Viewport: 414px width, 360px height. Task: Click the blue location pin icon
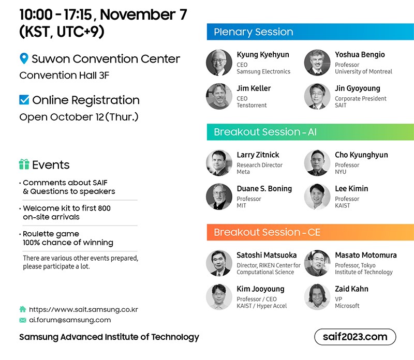pyautogui.click(x=24, y=58)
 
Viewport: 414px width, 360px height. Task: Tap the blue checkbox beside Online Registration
pyautogui.click(x=24, y=100)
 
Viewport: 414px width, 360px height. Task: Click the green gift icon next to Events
pyautogui.click(x=24, y=164)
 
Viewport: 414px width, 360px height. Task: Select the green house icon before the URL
pyautogui.click(x=23, y=309)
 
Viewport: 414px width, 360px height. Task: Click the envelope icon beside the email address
pyautogui.click(x=23, y=320)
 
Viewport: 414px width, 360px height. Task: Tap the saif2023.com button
pyautogui.click(x=355, y=337)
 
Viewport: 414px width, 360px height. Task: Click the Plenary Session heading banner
pyautogui.click(x=310, y=32)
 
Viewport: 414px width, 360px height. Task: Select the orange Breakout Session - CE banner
pyautogui.click(x=310, y=232)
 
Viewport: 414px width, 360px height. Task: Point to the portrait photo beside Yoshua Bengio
pyautogui.click(x=317, y=63)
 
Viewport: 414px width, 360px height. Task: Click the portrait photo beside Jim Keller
pyautogui.click(x=219, y=96)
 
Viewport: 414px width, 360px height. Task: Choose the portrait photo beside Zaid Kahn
pyautogui.click(x=317, y=297)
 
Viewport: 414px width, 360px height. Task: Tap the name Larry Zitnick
pyautogui.click(x=258, y=155)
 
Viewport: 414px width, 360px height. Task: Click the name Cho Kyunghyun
pyautogui.click(x=361, y=155)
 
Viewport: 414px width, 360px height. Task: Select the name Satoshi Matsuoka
pyautogui.click(x=267, y=255)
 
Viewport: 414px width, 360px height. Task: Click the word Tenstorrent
pyautogui.click(x=252, y=106)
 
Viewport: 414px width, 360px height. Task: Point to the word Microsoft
pyautogui.click(x=347, y=306)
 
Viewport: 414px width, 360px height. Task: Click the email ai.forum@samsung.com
pyautogui.click(x=70, y=320)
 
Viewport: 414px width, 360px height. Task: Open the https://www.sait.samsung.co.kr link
pyautogui.click(x=83, y=309)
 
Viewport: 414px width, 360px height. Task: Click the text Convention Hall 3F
pyautogui.click(x=64, y=75)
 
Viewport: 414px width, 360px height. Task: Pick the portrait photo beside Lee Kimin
pyautogui.click(x=317, y=197)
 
